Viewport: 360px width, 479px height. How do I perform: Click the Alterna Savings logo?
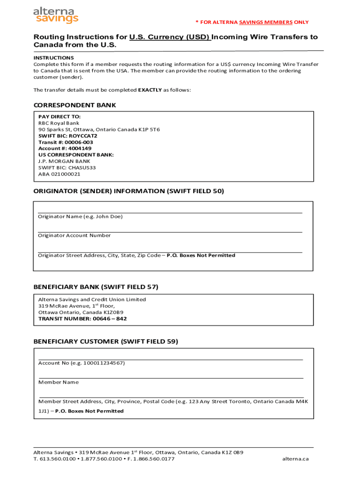pyautogui.click(x=56, y=15)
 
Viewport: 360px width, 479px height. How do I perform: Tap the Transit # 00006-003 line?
pyautogui.click(x=65, y=142)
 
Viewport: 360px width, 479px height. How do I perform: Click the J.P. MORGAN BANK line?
pyautogui.click(x=64, y=161)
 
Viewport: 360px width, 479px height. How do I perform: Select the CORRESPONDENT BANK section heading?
pyautogui.click(x=74, y=105)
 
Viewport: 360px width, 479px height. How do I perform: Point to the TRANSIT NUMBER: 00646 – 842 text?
pyautogui.click(x=82, y=319)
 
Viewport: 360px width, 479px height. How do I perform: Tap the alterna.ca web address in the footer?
pyautogui.click(x=295, y=459)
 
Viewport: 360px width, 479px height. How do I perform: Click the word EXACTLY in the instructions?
pyautogui.click(x=150, y=90)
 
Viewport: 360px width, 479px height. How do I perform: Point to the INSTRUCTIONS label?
pyautogui.click(x=53, y=58)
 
